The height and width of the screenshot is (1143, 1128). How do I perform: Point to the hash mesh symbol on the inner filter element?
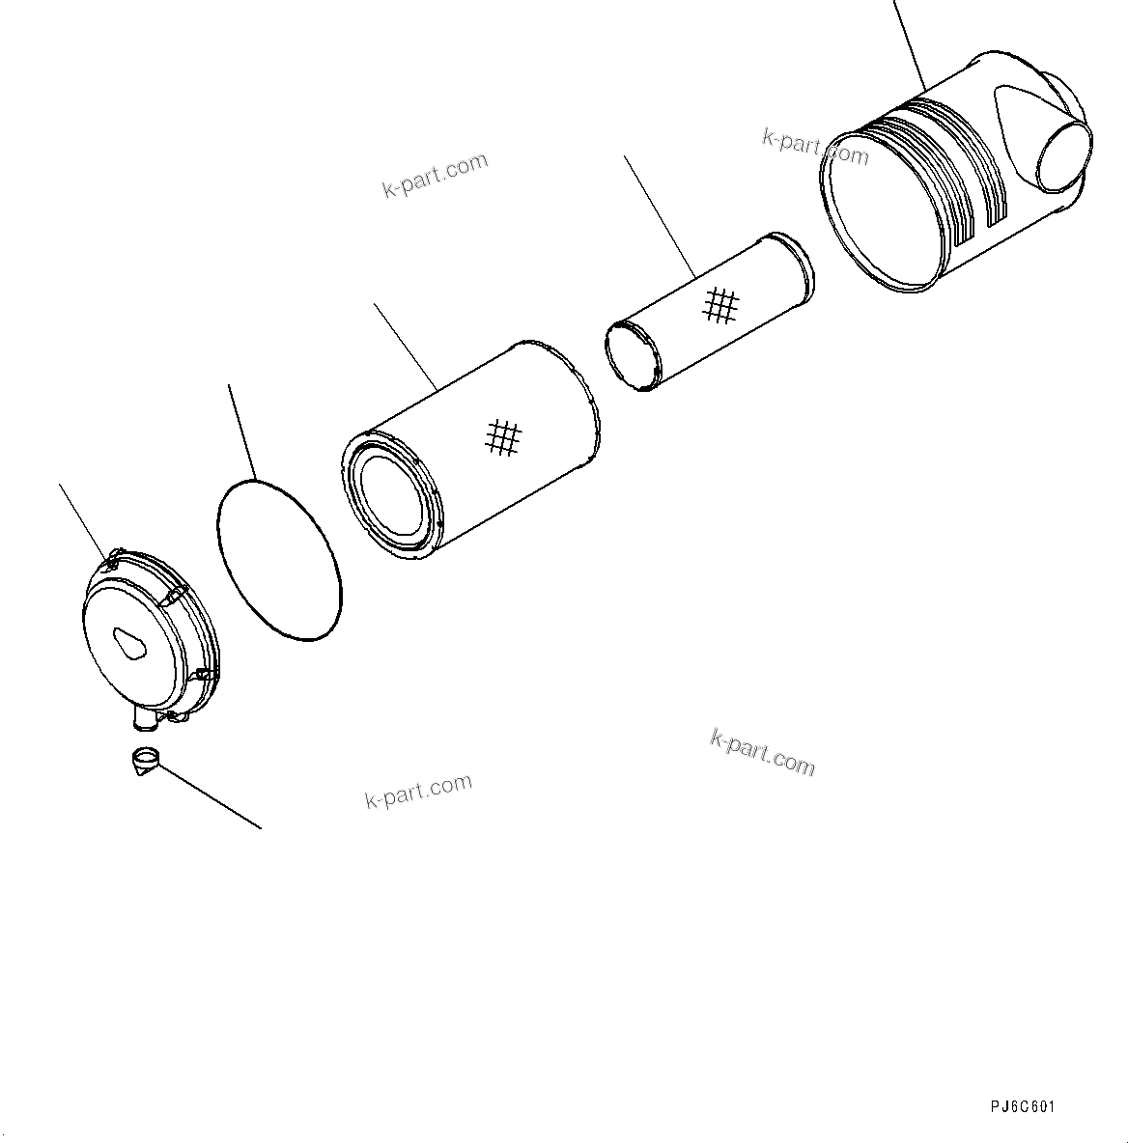[x=720, y=305]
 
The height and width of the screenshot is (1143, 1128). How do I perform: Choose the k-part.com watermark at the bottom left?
[x=418, y=791]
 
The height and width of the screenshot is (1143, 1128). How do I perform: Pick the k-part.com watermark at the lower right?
[x=762, y=751]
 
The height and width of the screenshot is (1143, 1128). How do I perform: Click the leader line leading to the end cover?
[x=85, y=521]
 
